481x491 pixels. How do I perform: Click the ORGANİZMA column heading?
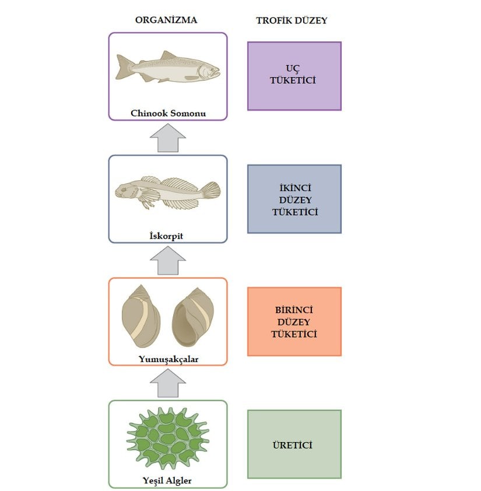tap(166, 20)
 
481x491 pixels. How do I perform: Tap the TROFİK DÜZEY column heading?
tap(292, 20)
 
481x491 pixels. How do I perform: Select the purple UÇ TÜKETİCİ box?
tap(294, 76)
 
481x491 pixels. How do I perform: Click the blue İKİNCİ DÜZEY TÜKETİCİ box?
tap(294, 199)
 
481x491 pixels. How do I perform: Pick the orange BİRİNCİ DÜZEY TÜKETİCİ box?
tap(294, 321)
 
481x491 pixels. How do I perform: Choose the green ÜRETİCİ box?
tap(294, 445)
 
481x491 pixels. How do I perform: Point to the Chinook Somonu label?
tap(168, 113)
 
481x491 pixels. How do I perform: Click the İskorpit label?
tap(167, 236)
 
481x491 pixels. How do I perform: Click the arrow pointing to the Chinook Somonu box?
tap(168, 138)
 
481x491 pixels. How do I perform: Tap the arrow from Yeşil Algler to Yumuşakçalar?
tap(168, 383)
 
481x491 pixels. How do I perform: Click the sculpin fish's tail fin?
tap(210, 190)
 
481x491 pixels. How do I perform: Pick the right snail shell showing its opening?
tap(193, 318)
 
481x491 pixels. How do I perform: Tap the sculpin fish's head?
tap(125, 190)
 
